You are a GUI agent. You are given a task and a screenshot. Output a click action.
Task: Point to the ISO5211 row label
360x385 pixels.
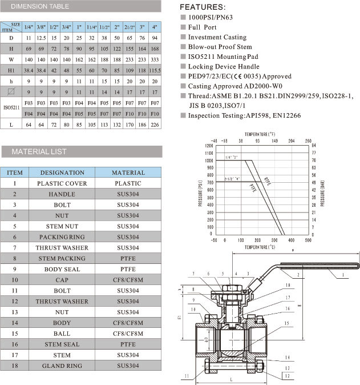click(11, 107)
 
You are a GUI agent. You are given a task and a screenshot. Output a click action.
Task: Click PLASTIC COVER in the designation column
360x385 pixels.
click(62, 183)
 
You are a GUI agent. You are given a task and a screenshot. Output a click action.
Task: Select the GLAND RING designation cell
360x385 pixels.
click(62, 366)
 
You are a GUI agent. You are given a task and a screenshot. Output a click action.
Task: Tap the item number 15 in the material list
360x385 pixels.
click(15, 334)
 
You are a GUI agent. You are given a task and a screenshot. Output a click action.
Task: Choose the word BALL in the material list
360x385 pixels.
click(62, 334)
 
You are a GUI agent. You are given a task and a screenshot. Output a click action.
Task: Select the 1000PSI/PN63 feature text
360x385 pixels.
click(210, 17)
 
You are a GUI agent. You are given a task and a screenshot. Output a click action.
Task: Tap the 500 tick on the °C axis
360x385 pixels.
click(308, 240)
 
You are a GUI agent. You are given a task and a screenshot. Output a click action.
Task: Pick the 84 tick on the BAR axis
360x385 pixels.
click(314, 146)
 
